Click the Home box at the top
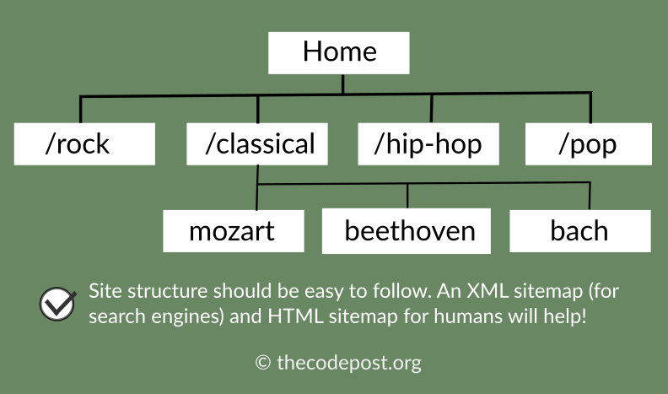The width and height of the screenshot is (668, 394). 339,53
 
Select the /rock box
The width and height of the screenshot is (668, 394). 84,144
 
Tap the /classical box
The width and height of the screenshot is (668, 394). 257,144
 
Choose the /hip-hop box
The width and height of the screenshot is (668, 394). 428,144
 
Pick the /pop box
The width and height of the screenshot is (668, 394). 589,144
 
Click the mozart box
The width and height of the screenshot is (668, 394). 234,231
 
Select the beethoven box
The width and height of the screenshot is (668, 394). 407,231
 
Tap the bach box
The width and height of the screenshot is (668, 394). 580,231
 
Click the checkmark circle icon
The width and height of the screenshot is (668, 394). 57,304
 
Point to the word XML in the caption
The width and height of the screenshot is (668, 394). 488,291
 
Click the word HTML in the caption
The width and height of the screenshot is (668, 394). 294,316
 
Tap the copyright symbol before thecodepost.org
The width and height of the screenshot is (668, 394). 263,363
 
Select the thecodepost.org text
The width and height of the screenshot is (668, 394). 349,363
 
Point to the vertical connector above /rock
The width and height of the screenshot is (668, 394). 80,110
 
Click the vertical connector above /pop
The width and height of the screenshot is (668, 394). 590,108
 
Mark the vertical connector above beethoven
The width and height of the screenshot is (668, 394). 407,196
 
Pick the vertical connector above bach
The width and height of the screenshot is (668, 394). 590,197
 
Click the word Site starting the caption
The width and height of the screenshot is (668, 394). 105,291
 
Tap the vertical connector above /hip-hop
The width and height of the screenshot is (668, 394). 431,109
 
